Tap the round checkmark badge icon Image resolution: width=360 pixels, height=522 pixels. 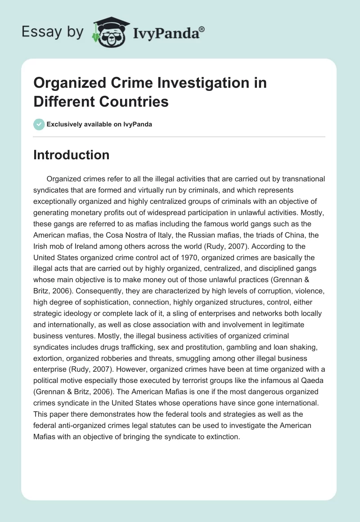tap(39, 124)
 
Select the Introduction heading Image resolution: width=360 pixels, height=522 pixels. tap(72, 155)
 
